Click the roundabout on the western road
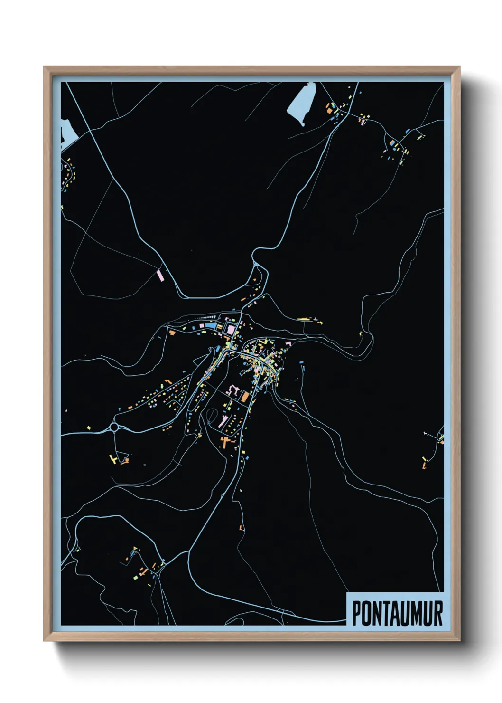(114, 427)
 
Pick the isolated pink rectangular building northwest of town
(160, 274)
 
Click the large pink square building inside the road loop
(231, 329)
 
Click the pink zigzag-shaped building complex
(233, 390)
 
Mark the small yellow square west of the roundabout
(89, 427)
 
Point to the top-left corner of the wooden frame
(45, 67)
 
